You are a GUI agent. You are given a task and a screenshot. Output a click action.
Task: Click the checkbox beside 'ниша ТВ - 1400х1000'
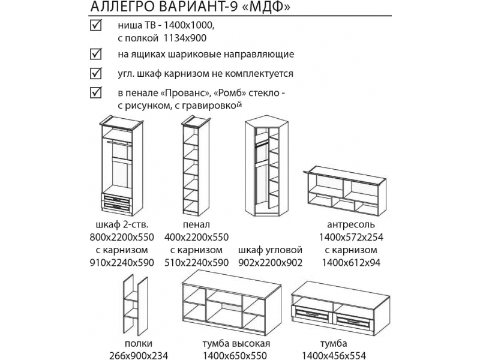94,26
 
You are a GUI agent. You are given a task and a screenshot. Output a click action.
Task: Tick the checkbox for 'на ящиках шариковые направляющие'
94,54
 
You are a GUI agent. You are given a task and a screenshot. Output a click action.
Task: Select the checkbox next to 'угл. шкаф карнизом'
94,74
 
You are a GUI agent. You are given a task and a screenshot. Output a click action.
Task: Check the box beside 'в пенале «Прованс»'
94,94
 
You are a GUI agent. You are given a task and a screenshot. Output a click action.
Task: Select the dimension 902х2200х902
269,263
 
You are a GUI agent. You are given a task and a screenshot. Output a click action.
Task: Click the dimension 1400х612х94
351,263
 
